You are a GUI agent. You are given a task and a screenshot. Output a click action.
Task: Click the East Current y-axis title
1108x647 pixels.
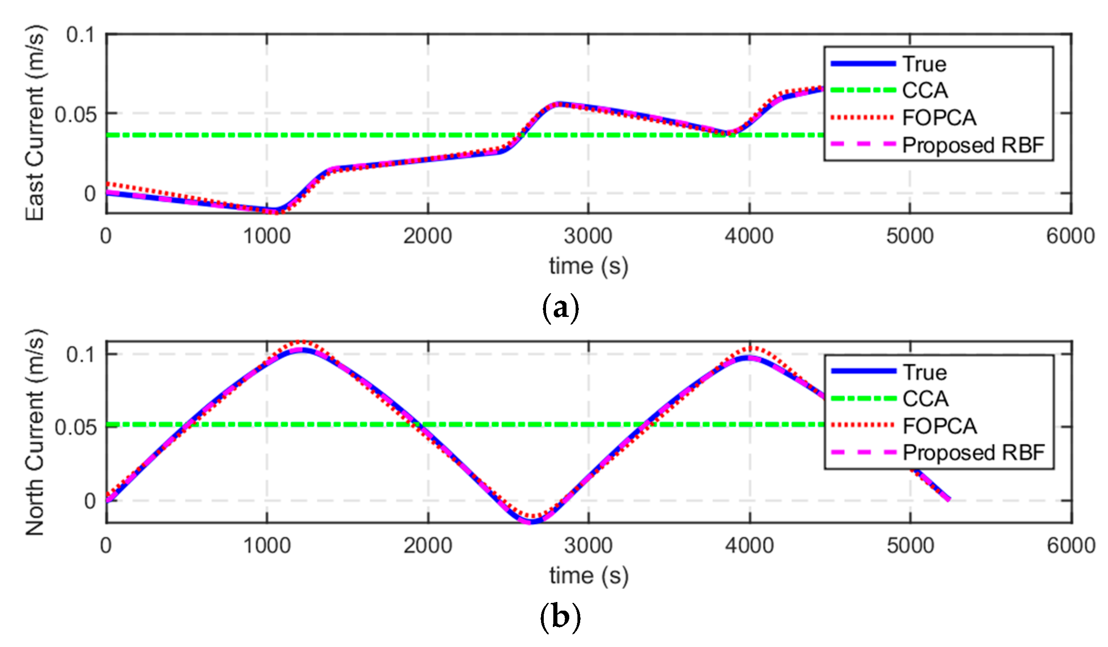35,123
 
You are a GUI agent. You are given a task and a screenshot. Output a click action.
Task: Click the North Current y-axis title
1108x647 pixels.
35,432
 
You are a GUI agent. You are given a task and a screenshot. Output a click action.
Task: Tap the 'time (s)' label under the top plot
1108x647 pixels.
588,266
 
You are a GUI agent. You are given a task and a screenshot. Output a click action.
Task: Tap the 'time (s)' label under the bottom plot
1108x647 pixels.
589,576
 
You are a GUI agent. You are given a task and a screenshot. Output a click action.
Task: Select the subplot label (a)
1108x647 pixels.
560,309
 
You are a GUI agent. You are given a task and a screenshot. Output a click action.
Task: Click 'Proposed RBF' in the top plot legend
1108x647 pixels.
973,145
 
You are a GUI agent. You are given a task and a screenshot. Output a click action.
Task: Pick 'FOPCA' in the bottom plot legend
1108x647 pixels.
940,426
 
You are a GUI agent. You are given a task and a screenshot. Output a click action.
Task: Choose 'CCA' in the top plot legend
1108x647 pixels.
925,90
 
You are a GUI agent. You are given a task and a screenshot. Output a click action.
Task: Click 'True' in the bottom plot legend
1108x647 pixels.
925,372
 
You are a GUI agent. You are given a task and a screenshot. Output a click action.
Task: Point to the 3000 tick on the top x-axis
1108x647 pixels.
588,236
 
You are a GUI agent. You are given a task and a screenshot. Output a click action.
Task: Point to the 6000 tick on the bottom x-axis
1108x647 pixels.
1070,546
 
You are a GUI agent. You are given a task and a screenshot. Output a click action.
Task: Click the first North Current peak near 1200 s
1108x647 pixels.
301,350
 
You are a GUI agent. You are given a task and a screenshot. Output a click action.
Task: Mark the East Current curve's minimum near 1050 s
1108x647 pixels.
276,211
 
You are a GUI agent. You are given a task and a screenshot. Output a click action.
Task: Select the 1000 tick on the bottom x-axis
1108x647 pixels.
267,546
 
